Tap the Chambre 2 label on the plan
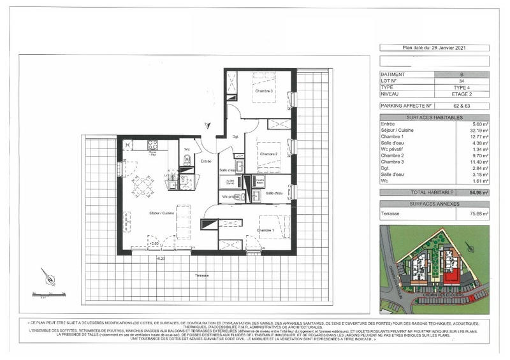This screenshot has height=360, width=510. pyautogui.click(x=269, y=154)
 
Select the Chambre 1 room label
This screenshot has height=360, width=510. pyautogui.click(x=265, y=229)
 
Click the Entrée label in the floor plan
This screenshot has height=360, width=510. pyautogui.click(x=206, y=162)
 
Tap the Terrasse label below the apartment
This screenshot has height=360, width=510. pyautogui.click(x=205, y=275)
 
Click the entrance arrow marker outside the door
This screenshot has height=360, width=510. pyautogui.click(x=205, y=126)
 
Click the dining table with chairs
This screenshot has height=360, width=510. pyautogui.click(x=142, y=186)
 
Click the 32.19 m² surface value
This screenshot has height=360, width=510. pyautogui.click(x=478, y=131)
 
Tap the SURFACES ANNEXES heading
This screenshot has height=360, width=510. pyautogui.click(x=434, y=202)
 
